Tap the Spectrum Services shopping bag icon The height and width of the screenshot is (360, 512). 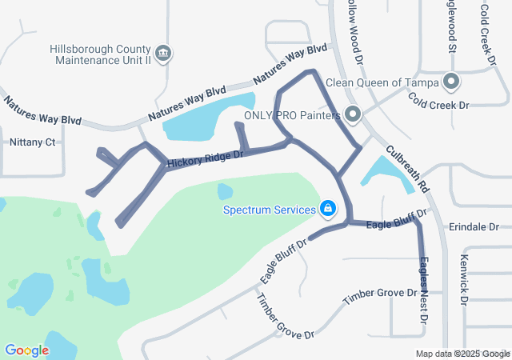327,210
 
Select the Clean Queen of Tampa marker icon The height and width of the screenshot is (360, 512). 451,82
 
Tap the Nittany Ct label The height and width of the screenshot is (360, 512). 32,142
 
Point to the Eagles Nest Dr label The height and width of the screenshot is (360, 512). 422,283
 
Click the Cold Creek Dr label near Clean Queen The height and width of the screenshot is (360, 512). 438,101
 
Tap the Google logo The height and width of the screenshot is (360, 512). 26,350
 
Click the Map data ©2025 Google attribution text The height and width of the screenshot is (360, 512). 462,354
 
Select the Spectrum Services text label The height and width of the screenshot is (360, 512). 270,210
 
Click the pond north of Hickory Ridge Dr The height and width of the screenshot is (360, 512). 205,116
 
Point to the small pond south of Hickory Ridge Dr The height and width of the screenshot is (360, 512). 226,191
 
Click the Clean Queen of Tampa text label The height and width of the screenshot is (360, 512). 383,82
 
